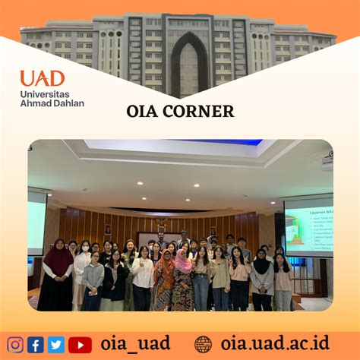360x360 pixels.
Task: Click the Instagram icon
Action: (x=15, y=344)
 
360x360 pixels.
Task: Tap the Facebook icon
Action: (x=35, y=344)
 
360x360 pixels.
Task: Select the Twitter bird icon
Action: (x=55, y=344)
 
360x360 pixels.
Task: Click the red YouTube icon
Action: (x=80, y=344)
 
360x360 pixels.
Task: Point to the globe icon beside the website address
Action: (x=203, y=344)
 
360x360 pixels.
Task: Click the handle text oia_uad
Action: (x=135, y=343)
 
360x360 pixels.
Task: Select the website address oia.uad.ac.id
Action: (x=275, y=343)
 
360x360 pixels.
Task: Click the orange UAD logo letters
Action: (x=42, y=78)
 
